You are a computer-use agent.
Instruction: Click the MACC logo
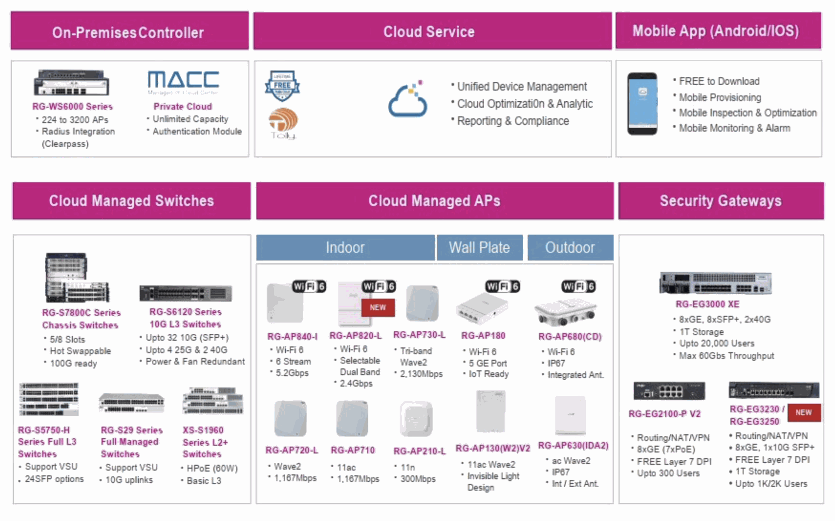(183, 81)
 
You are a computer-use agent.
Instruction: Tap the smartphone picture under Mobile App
(642, 103)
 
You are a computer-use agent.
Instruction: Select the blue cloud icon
(407, 100)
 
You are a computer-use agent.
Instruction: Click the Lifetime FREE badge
(282, 85)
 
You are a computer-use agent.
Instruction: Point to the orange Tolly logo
(283, 123)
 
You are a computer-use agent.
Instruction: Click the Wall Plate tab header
(479, 248)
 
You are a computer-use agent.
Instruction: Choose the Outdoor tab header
(570, 248)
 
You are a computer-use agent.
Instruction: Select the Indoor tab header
(345, 248)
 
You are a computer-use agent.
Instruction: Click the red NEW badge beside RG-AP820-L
(377, 307)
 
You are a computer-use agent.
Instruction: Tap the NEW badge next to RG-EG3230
(803, 412)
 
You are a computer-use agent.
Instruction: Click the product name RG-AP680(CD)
(570, 337)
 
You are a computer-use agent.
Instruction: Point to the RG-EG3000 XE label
(707, 304)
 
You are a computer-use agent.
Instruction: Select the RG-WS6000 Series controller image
(72, 83)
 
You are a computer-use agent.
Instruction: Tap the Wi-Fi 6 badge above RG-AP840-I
(309, 286)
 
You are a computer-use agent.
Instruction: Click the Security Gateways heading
(721, 201)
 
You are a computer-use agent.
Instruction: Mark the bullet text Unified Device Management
(522, 86)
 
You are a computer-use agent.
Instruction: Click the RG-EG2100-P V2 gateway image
(669, 391)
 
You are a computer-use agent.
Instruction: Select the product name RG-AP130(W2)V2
(493, 448)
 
